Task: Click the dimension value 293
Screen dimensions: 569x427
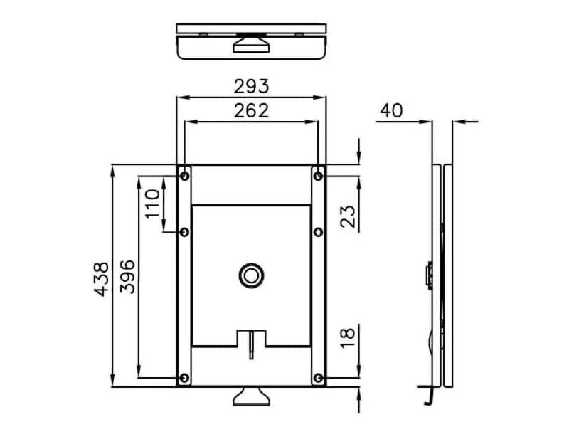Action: point(251,86)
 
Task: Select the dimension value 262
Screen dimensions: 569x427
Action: point(251,111)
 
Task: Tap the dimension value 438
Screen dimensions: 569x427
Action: point(101,279)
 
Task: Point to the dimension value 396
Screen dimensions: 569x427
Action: point(127,277)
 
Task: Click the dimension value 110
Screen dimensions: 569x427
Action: point(152,204)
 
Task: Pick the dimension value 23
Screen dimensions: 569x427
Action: point(348,216)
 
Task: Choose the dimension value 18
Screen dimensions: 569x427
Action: point(348,338)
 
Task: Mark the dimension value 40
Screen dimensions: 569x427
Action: point(391,110)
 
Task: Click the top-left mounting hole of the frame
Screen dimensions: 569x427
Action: point(184,176)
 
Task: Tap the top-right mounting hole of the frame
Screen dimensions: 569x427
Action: point(318,176)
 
